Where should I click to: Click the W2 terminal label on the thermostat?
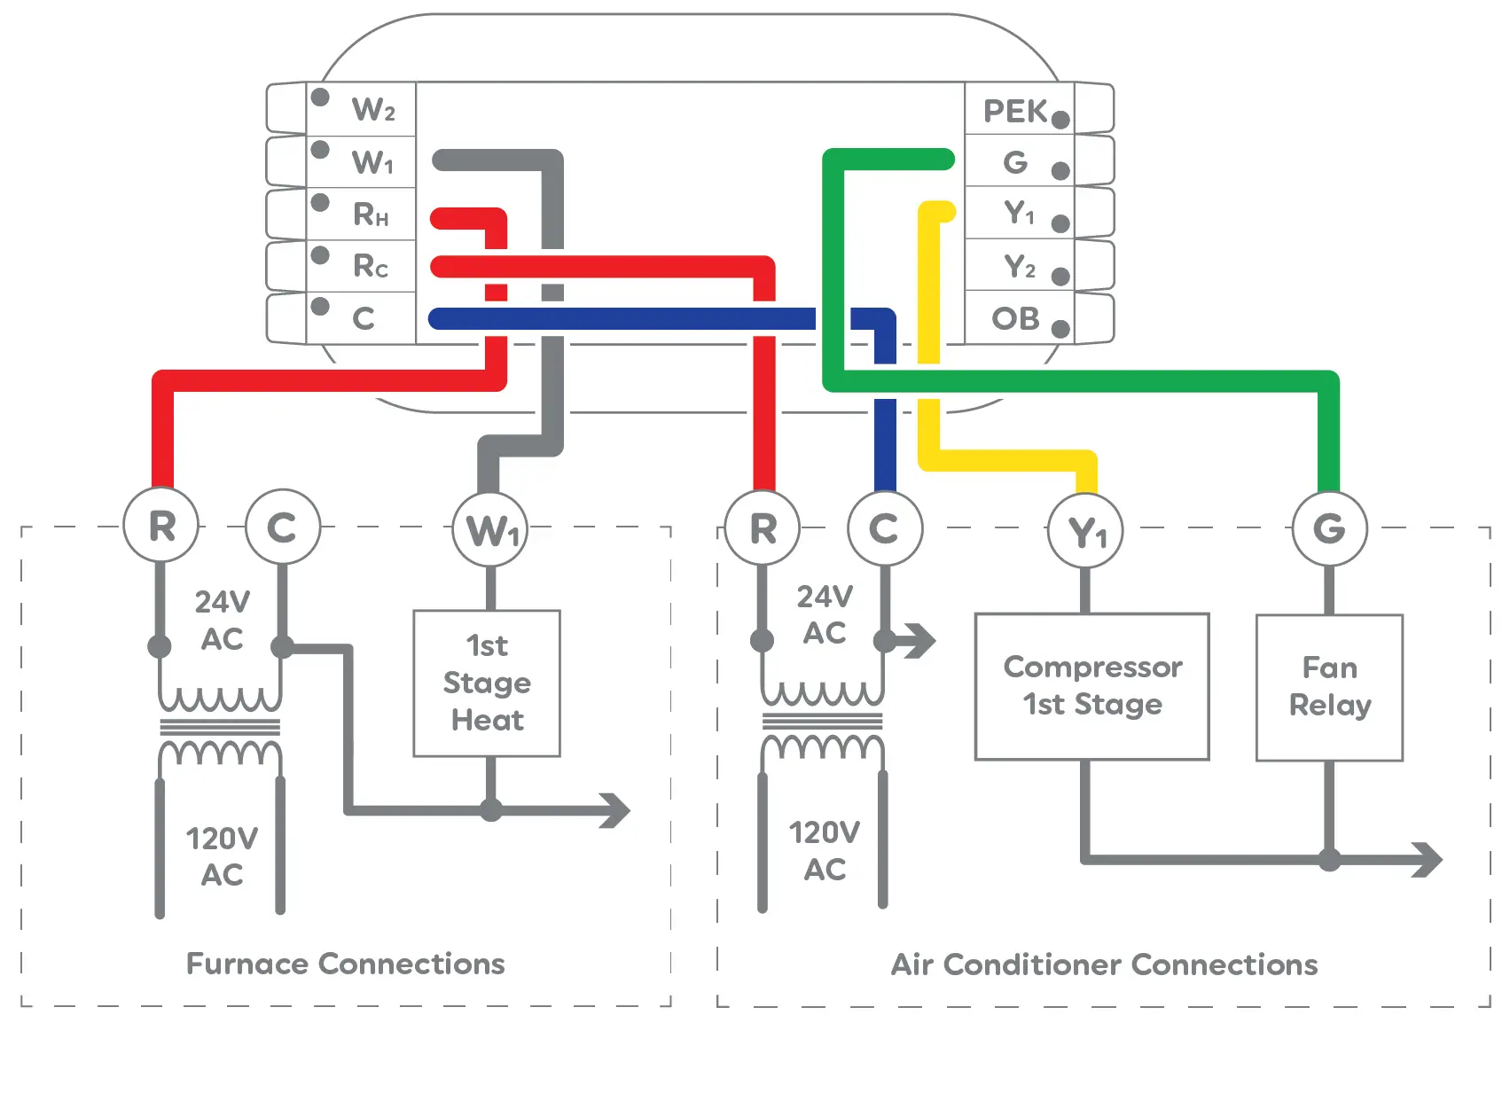372,110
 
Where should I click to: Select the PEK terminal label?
1015,112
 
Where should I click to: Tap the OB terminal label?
1015,318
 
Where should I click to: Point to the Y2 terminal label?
1019,266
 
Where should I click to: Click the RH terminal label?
371,215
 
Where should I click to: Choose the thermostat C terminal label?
363,318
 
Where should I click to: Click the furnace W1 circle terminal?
490,530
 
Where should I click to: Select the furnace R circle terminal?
160,526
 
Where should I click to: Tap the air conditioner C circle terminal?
884,529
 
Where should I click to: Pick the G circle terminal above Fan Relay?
1328,529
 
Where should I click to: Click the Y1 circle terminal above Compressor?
1085,532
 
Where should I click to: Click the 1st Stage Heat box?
487,683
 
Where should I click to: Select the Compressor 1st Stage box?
1091,686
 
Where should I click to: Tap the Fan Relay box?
1329,687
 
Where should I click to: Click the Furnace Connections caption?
345,964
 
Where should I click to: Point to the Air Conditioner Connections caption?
1104,965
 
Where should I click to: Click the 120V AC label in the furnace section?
221,856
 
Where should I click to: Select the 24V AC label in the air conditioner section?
824,614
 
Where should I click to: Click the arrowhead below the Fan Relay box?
1428,859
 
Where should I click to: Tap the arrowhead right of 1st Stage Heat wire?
615,809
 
